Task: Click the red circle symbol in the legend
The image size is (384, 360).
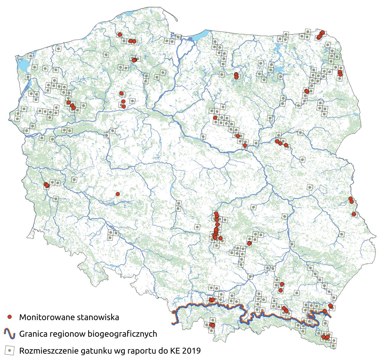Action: coord(10,317)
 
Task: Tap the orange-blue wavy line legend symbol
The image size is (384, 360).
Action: coord(10,334)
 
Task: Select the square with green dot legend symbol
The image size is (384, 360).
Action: coord(10,351)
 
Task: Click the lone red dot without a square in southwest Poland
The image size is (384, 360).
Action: coord(117,194)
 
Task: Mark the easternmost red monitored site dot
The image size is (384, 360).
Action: coord(354,214)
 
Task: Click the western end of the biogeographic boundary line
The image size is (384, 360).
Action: coord(173,324)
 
